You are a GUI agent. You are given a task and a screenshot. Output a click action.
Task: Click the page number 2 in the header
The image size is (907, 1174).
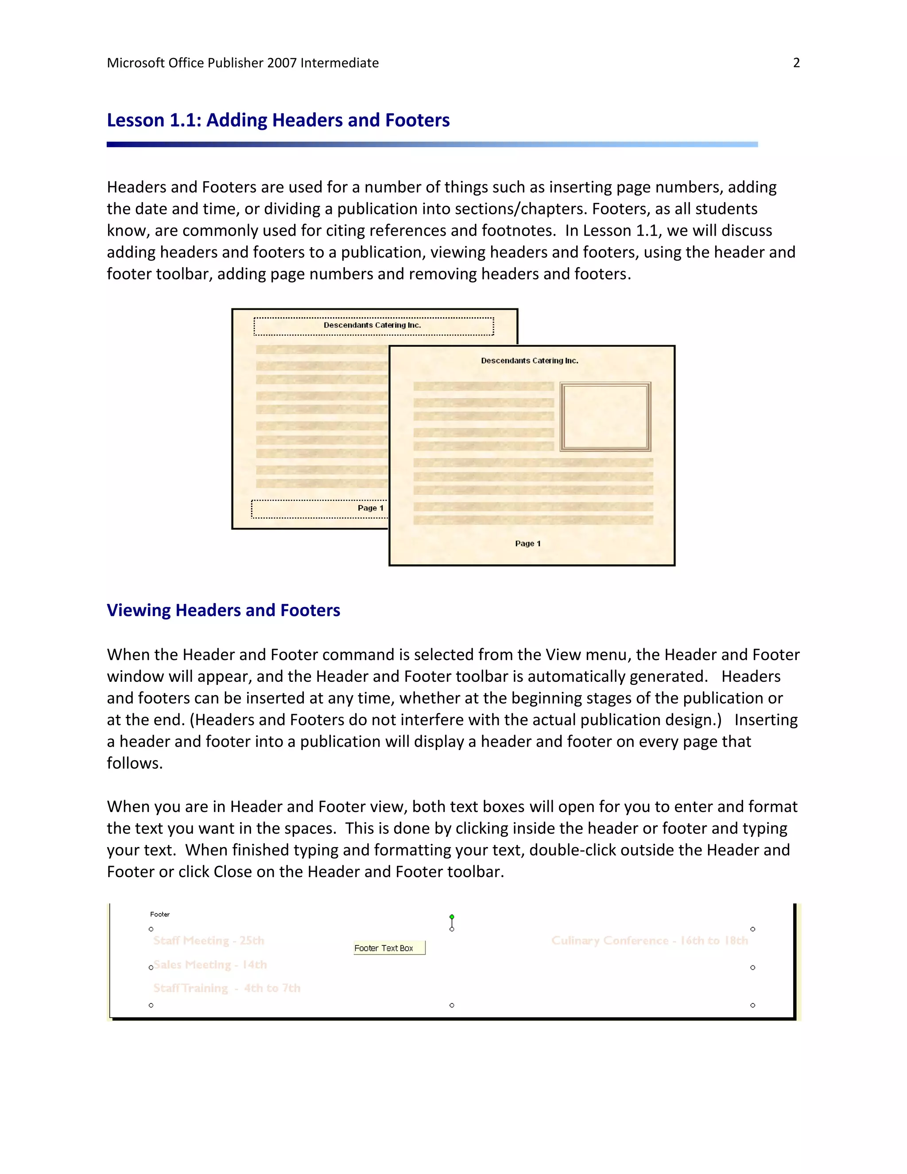pyautogui.click(x=796, y=63)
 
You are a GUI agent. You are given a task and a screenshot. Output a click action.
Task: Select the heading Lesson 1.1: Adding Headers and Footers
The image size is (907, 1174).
pyautogui.click(x=278, y=120)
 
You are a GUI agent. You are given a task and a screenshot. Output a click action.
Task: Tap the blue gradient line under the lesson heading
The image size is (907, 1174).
pyautogui.click(x=431, y=144)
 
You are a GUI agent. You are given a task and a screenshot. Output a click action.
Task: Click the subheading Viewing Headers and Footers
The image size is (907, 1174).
pyautogui.click(x=223, y=610)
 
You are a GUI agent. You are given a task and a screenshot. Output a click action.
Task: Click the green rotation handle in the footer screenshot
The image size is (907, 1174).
pyautogui.click(x=451, y=917)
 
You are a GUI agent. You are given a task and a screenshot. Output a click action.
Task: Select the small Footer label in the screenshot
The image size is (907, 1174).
pyautogui.click(x=159, y=914)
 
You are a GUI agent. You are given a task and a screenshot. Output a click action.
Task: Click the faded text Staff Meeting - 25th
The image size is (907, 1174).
pyautogui.click(x=209, y=940)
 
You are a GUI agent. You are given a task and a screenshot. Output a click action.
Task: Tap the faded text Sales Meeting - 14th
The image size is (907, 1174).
pyautogui.click(x=210, y=964)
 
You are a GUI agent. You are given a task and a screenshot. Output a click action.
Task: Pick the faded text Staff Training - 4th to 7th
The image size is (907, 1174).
pyautogui.click(x=227, y=988)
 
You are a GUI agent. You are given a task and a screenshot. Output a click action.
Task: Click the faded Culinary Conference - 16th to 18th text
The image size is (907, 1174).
pyautogui.click(x=649, y=940)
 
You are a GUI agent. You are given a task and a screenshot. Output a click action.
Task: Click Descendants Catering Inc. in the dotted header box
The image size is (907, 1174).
pyautogui.click(x=372, y=325)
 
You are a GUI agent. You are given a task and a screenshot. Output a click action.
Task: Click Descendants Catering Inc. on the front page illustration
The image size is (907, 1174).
pyautogui.click(x=529, y=361)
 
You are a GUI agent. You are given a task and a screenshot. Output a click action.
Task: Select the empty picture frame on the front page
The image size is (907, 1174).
pyautogui.click(x=605, y=416)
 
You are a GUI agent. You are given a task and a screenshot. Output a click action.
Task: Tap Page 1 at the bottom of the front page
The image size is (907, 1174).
pyautogui.click(x=527, y=544)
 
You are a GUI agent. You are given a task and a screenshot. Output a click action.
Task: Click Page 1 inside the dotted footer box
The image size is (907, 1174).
pyautogui.click(x=370, y=508)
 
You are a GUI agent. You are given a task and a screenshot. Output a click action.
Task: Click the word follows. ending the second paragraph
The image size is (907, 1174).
pyautogui.click(x=134, y=763)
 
